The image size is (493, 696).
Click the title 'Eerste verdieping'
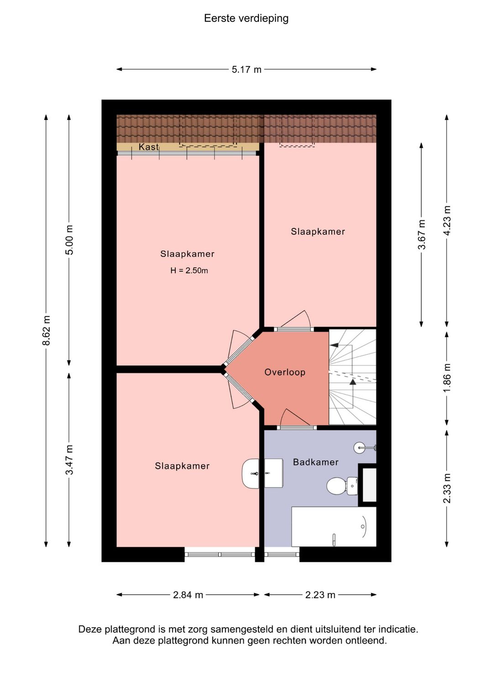(x=246, y=18)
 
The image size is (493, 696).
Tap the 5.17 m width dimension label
(x=246, y=69)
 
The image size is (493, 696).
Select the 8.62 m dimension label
(x=47, y=330)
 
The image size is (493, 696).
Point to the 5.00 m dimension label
(x=69, y=240)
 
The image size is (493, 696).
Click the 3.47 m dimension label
(x=69, y=460)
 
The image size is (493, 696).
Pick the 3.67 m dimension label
(x=421, y=234)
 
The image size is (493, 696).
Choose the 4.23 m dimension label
(x=447, y=221)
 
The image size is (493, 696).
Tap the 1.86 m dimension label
(x=447, y=378)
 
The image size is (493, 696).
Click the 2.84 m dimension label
(x=188, y=595)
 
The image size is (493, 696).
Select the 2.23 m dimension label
(x=320, y=595)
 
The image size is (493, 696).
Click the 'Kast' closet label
(x=149, y=147)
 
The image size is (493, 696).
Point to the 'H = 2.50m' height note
(x=189, y=270)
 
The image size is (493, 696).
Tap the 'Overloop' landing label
(x=285, y=372)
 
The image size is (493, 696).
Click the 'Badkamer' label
(x=316, y=462)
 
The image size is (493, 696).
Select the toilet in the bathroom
(x=342, y=486)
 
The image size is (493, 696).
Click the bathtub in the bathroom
(x=334, y=527)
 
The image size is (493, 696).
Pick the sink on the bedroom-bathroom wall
(x=262, y=473)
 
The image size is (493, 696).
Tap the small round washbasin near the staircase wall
(x=365, y=447)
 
